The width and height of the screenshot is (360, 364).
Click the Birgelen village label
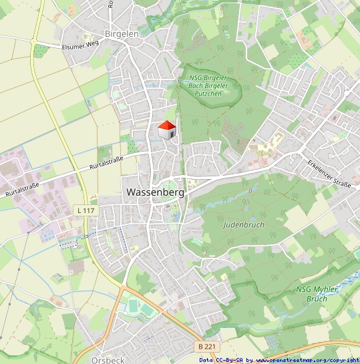[x=121, y=33]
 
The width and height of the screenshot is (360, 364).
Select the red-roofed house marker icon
[x=167, y=130]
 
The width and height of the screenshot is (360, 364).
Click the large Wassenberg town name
[x=155, y=192]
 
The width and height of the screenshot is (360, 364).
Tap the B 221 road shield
[x=207, y=347]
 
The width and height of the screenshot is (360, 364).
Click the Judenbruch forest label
[x=243, y=224]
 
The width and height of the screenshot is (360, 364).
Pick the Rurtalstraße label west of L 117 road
[x=22, y=189]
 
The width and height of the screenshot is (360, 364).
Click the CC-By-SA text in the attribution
[x=230, y=360]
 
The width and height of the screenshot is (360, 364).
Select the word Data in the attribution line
[x=206, y=360]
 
